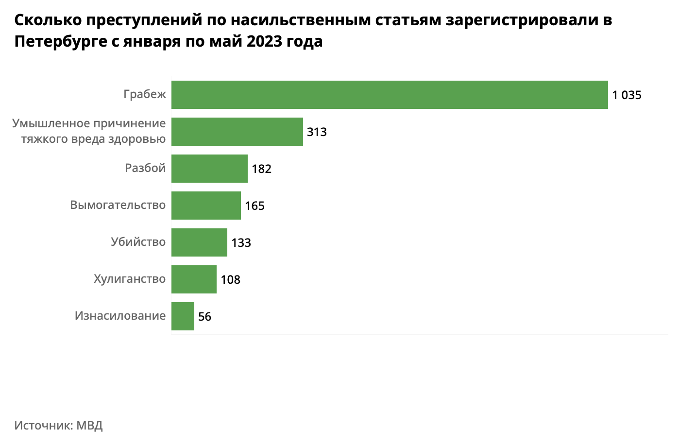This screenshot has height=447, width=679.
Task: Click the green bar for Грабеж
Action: (x=390, y=95)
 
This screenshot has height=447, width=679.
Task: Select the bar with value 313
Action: (x=237, y=132)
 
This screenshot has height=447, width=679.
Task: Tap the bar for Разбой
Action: (x=209, y=169)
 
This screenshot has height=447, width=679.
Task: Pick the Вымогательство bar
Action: (x=206, y=206)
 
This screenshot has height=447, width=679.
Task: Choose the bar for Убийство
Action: (x=199, y=242)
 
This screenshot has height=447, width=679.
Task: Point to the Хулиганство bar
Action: (x=194, y=279)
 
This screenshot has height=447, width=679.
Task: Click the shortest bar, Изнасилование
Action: (x=183, y=316)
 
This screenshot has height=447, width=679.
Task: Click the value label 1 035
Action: (x=627, y=95)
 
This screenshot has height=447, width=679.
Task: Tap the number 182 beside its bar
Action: (x=261, y=169)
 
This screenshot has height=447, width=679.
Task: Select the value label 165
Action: (x=255, y=206)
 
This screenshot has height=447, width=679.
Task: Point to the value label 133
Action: (x=241, y=243)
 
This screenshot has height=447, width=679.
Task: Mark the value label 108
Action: (x=230, y=280)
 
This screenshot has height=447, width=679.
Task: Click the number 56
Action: (x=204, y=317)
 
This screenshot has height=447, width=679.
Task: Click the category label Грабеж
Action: (x=145, y=94)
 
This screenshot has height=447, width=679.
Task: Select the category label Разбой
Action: (x=145, y=168)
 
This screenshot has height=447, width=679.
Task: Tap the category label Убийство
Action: (x=138, y=242)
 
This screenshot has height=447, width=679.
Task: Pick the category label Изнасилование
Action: (x=120, y=316)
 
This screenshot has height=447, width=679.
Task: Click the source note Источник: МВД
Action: (x=59, y=426)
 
